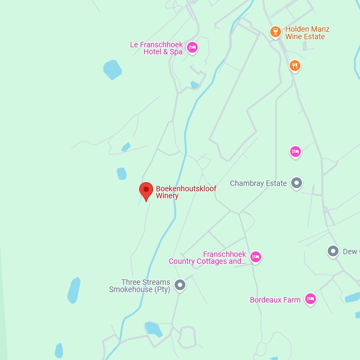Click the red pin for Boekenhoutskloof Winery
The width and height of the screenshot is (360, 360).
[x=146, y=191]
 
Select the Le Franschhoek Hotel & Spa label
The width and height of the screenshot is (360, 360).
[x=156, y=48]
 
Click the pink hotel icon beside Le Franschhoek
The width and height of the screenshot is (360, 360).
[x=192, y=48]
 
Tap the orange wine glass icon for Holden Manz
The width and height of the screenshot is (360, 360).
[x=275, y=32]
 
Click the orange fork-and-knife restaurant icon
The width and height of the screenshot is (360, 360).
[x=294, y=66]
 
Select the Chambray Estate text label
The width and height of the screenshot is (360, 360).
[x=258, y=184]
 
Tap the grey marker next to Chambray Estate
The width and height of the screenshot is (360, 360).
[x=296, y=183]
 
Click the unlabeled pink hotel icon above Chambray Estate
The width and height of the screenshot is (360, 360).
[x=295, y=152]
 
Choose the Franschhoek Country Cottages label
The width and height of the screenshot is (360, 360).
[x=207, y=258]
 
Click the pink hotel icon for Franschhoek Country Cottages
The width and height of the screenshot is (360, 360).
[x=256, y=257]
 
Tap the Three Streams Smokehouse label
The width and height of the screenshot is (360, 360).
[x=140, y=286]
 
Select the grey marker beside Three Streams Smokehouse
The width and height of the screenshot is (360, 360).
[x=180, y=285]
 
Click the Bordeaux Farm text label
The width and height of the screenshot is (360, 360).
[x=275, y=300]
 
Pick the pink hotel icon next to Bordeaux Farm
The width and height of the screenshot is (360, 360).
[x=310, y=299]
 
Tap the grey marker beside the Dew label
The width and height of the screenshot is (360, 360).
[x=333, y=251]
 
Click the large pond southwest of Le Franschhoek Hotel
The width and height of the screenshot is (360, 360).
[x=112, y=69]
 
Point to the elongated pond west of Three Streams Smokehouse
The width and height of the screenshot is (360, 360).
[x=74, y=290]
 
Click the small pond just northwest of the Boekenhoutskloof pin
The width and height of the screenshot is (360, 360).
[x=122, y=174]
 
